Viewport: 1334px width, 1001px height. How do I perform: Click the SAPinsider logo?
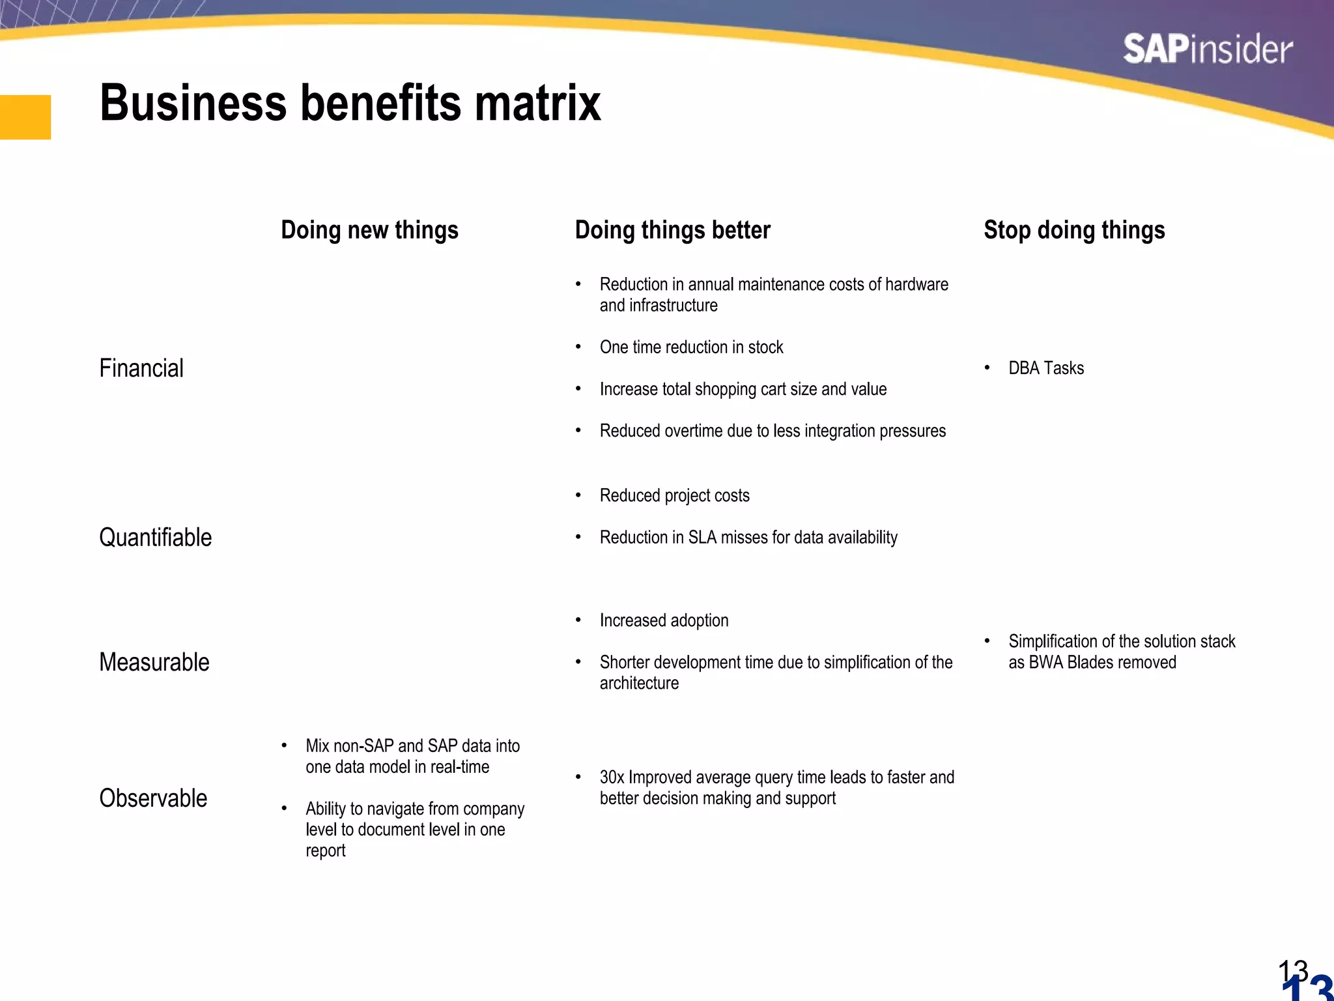(x=1208, y=50)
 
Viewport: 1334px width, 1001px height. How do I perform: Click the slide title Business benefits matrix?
(x=350, y=103)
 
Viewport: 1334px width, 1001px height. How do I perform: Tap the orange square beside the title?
(x=25, y=117)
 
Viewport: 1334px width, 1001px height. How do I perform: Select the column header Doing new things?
(x=369, y=230)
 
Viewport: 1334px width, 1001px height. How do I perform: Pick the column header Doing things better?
(x=672, y=230)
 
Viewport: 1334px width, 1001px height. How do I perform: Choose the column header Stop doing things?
(x=1074, y=230)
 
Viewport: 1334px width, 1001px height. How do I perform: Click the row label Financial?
(x=141, y=368)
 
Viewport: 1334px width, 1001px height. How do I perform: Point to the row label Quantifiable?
(x=155, y=538)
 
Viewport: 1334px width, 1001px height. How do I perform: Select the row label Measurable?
(x=154, y=662)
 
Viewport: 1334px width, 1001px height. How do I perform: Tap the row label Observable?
(x=153, y=798)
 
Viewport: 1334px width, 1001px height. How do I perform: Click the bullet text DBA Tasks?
(x=1045, y=368)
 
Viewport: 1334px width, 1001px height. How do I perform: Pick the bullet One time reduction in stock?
(x=691, y=347)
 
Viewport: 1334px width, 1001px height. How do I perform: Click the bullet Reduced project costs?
(x=674, y=496)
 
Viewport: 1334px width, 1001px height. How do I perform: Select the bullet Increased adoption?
(x=664, y=620)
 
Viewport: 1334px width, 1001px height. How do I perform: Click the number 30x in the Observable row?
(x=612, y=777)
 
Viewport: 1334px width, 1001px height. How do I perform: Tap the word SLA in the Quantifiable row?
(x=702, y=538)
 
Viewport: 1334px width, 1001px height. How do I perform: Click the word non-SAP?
(x=363, y=746)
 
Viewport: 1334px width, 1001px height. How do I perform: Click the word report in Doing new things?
(x=325, y=851)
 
